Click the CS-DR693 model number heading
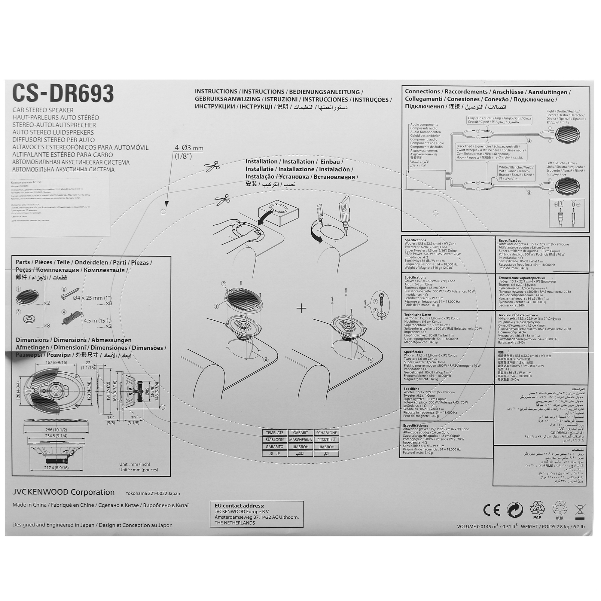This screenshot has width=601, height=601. tap(63, 93)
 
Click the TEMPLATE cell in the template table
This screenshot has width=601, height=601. tap(274, 433)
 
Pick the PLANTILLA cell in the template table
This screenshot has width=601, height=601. tap(326, 440)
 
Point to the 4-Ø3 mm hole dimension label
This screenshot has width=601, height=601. tap(188, 148)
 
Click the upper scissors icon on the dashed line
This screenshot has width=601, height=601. tap(212, 167)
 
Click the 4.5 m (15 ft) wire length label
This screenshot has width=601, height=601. tap(97, 320)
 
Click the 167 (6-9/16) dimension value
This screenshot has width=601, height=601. tap(56, 362)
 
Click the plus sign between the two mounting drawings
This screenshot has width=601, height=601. tap(301, 309)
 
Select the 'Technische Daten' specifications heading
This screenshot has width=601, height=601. tap(417, 315)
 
